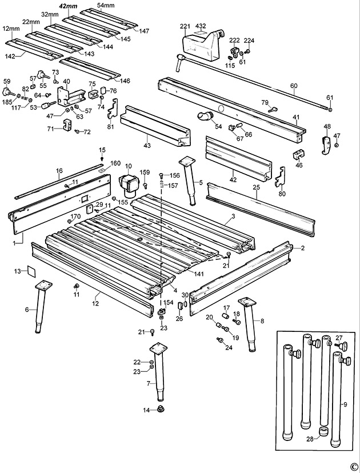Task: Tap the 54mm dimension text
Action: [x=106, y=5]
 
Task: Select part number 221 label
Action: [x=185, y=26]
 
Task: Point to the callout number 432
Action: [x=201, y=26]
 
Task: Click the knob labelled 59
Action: [x=8, y=91]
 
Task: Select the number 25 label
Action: [x=257, y=187]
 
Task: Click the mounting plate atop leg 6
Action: [x=43, y=284]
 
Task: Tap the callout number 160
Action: [x=115, y=163]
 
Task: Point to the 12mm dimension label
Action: [x=9, y=29]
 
